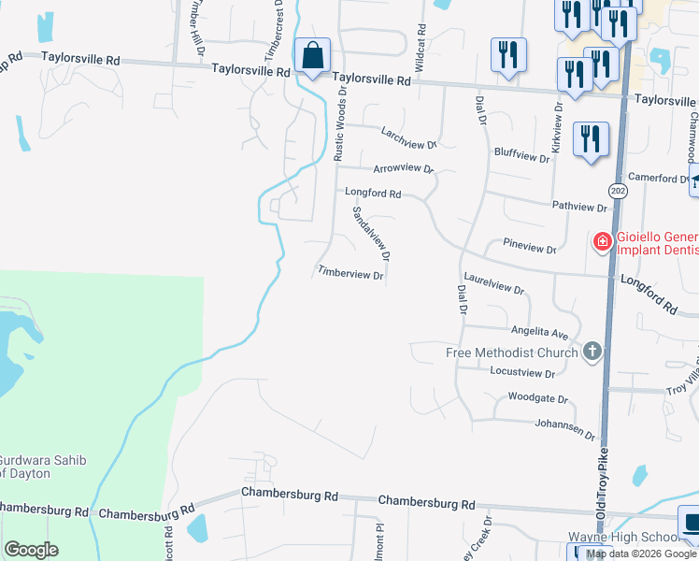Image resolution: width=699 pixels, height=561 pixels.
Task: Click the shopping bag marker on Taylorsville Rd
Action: pos(312,56)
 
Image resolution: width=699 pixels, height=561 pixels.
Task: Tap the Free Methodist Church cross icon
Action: pos(591,352)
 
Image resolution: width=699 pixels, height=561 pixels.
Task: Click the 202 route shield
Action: pos(618,191)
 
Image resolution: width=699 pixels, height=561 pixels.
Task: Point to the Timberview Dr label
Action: pos(350,274)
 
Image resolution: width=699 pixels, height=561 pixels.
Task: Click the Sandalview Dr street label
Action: pos(371,233)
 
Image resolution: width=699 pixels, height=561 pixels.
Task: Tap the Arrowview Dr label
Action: pos(404,169)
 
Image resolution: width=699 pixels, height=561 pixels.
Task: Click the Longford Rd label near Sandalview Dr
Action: pos(373,194)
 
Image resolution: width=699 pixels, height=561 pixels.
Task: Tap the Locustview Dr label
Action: pos(522,372)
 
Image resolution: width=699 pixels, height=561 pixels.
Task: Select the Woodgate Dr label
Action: pos(537,398)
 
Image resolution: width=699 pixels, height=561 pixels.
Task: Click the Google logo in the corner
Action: pos(32,550)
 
